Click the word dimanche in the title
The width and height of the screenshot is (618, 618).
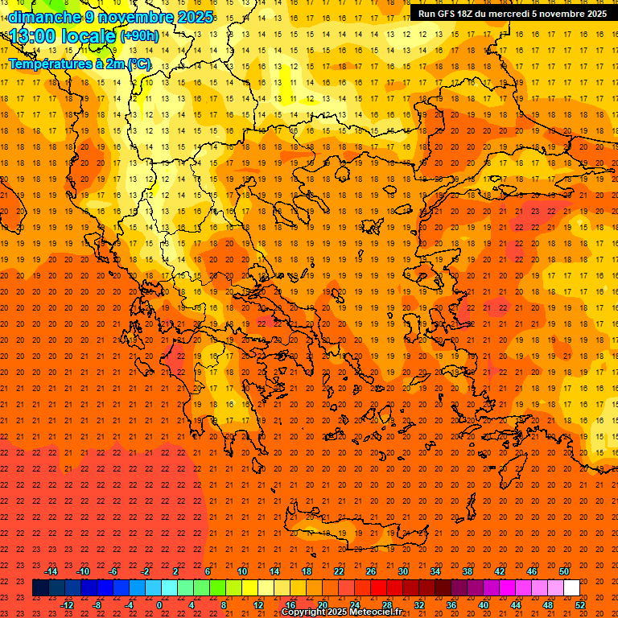[x=43, y=17]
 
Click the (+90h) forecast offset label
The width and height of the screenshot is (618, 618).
[x=139, y=36]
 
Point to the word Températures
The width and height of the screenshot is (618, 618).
[x=48, y=64]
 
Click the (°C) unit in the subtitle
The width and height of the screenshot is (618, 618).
[x=138, y=64]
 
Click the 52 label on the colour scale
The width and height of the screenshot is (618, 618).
[x=581, y=605]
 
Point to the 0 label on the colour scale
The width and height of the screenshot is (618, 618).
[x=159, y=605]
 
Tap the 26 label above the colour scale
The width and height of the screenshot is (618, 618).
[x=371, y=571]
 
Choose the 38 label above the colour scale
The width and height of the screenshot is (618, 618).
[x=468, y=571]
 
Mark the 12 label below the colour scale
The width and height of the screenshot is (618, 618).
[x=258, y=605]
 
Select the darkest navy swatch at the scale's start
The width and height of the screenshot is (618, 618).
[x=40, y=588]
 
